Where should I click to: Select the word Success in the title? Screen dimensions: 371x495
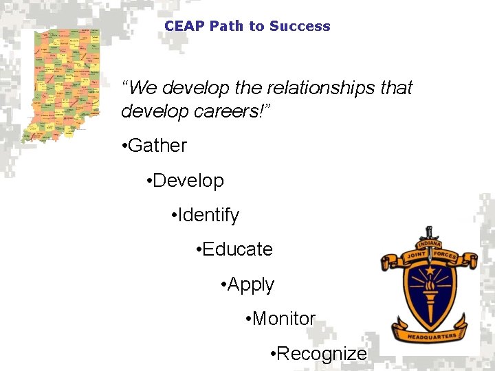[300, 26]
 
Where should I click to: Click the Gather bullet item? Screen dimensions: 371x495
[157, 146]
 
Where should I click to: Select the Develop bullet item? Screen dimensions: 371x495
[188, 181]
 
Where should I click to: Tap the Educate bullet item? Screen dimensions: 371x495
[237, 249]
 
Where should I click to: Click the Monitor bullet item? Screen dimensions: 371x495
[283, 319]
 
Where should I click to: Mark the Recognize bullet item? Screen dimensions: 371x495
[322, 354]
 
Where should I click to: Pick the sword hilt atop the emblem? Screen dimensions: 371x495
[430, 232]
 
